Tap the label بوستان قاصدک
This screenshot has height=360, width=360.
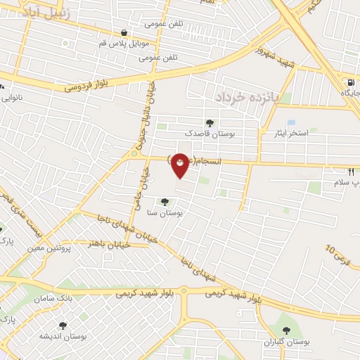(210, 132)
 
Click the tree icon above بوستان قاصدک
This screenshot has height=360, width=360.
(210, 122)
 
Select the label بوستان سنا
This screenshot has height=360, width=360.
(166, 212)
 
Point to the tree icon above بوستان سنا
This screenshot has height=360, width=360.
(165, 202)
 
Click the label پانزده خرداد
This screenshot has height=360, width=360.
(248, 95)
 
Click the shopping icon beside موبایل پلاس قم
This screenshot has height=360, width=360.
(124, 32)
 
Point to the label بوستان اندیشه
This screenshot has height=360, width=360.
(63, 336)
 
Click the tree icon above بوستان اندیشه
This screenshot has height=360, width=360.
(63, 326)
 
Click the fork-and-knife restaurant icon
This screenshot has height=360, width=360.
(350, 172)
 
